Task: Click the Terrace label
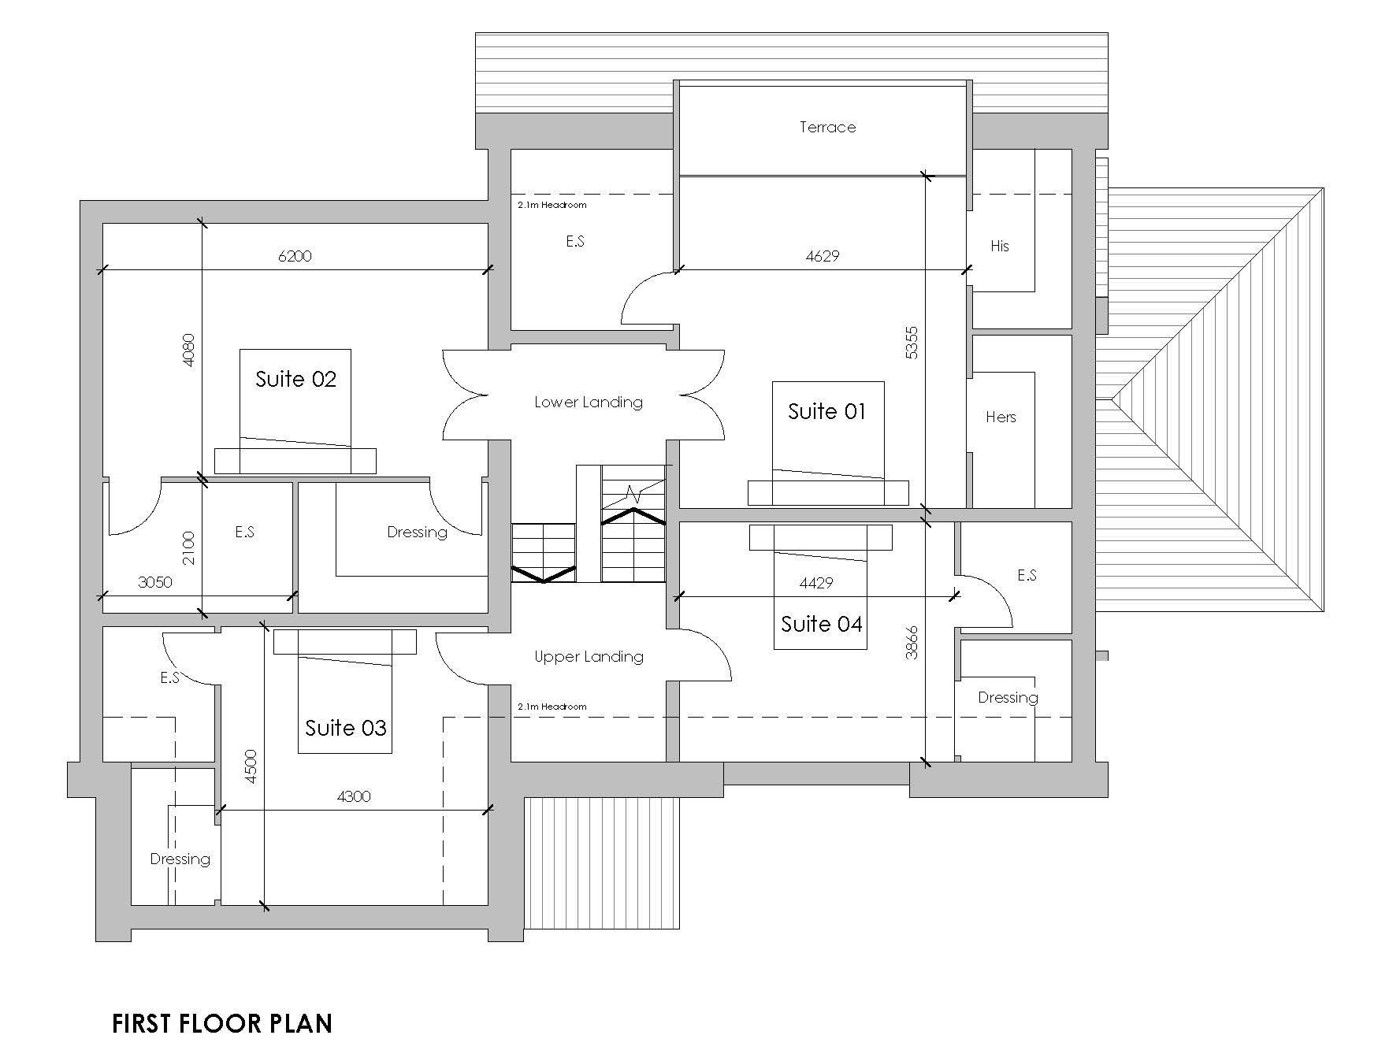point(827,127)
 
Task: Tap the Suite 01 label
point(826,411)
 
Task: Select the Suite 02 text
point(295,380)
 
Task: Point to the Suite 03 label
point(346,728)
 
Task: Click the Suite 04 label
point(821,625)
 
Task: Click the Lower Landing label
point(589,403)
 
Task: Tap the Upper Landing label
point(589,657)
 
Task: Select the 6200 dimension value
point(295,256)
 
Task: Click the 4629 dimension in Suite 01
point(823,256)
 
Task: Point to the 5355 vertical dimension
point(912,343)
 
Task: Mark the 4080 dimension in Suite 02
point(189,350)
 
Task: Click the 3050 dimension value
point(155,582)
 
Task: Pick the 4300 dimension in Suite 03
point(354,796)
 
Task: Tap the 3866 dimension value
point(912,642)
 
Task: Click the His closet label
point(999,247)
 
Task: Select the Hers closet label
point(1001,417)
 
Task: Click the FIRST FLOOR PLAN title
point(222,1023)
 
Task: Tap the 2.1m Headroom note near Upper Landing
point(552,707)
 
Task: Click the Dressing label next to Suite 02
point(417,532)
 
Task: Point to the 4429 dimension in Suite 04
point(816,583)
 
